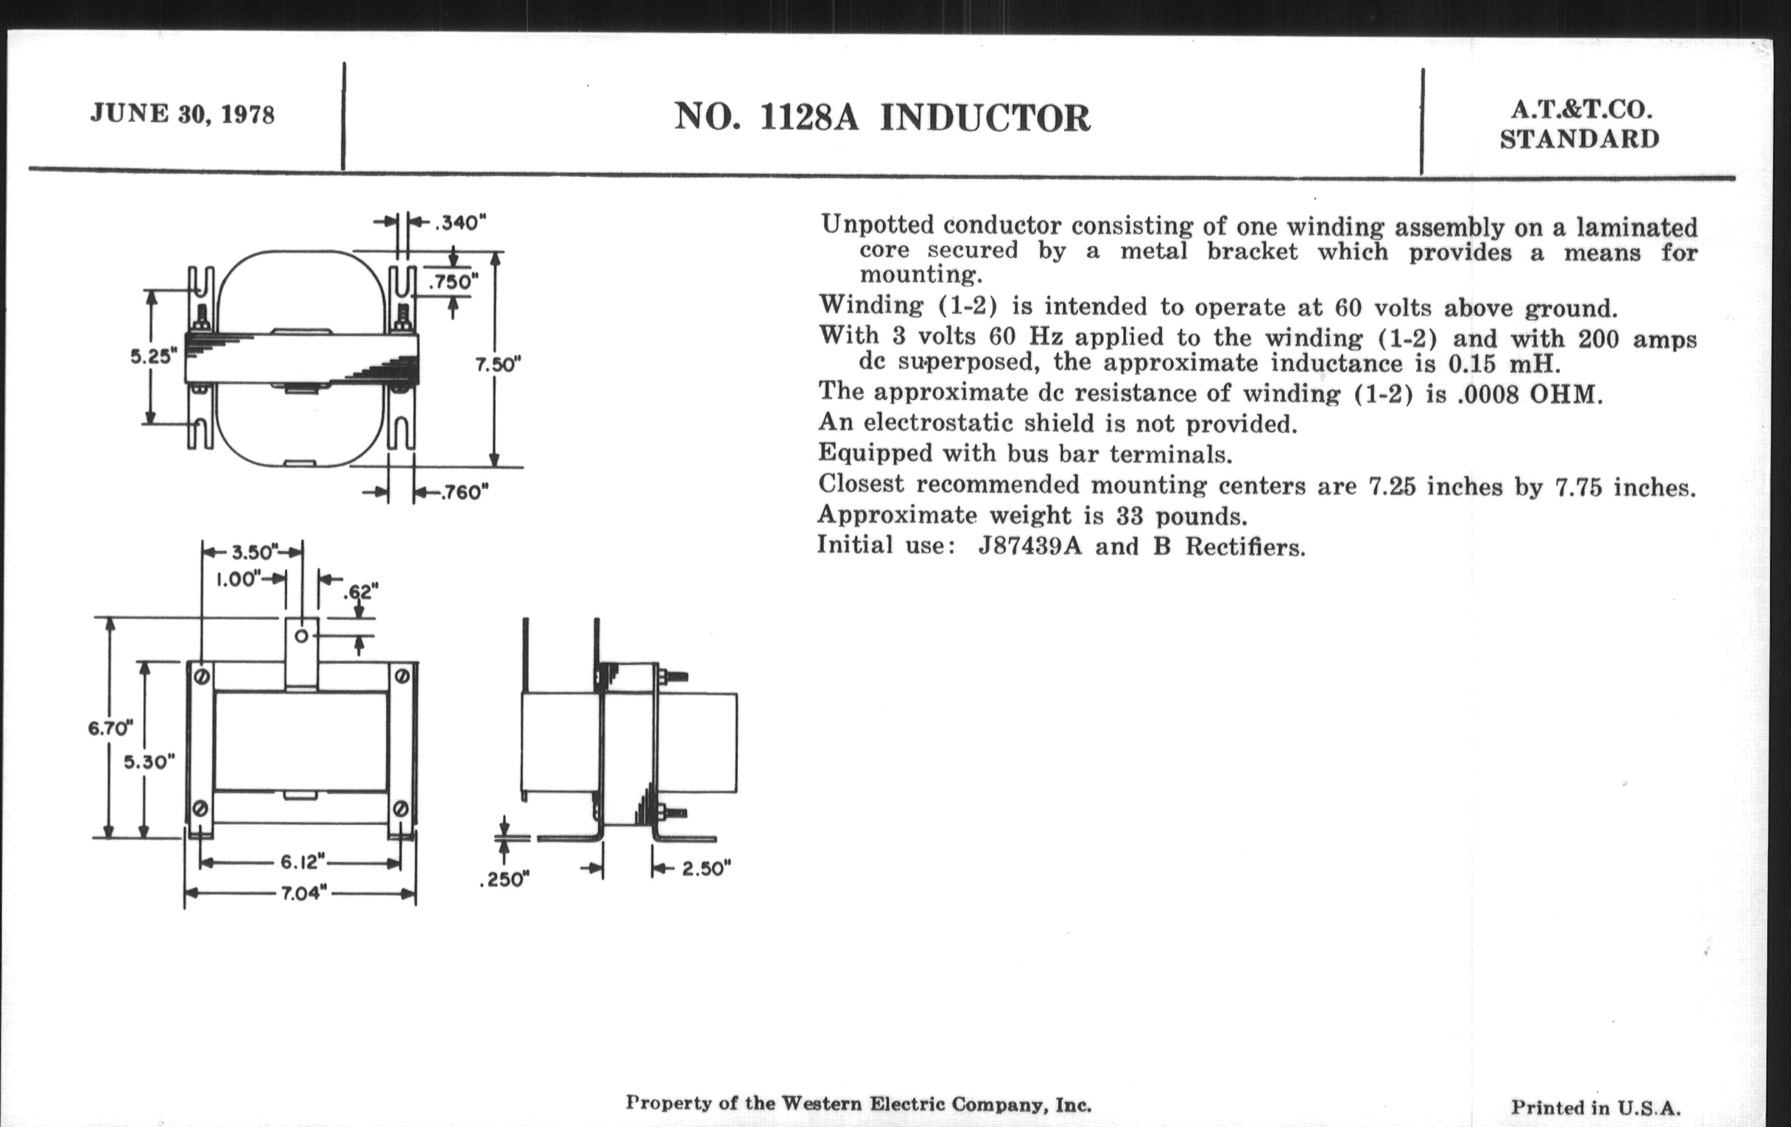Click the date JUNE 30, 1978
tap(182, 114)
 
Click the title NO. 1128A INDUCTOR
tap(882, 118)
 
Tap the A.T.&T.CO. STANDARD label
tap(1580, 124)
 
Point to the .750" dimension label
tap(453, 282)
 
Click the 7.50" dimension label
tap(499, 365)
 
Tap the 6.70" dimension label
tap(110, 728)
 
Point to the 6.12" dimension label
tap(303, 862)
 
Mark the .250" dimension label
tap(505, 880)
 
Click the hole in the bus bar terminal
tap(302, 636)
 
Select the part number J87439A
tap(1030, 547)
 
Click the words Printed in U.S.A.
tap(1595, 1108)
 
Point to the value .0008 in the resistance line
tap(1488, 394)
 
